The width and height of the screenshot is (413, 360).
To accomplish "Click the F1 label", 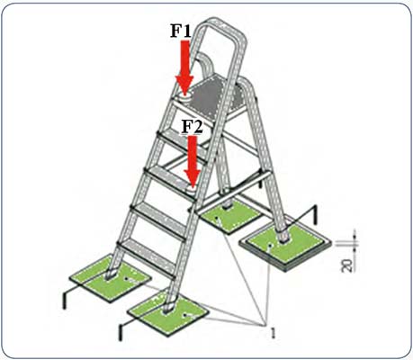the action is (x=181, y=31).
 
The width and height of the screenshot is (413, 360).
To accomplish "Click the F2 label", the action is (x=193, y=127).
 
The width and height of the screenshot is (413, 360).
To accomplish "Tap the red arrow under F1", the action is (x=184, y=67).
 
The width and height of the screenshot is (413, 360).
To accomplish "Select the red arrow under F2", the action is (x=193, y=161).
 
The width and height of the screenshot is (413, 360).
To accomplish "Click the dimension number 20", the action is (x=347, y=265).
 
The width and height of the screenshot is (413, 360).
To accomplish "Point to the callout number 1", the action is (x=273, y=333).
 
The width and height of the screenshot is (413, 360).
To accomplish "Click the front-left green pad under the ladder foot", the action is (x=110, y=277).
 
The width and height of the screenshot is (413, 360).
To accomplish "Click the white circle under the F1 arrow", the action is (x=185, y=98).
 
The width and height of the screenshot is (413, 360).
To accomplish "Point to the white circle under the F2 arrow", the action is (x=192, y=190).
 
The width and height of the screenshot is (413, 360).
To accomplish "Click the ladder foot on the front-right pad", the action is (x=168, y=309).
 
